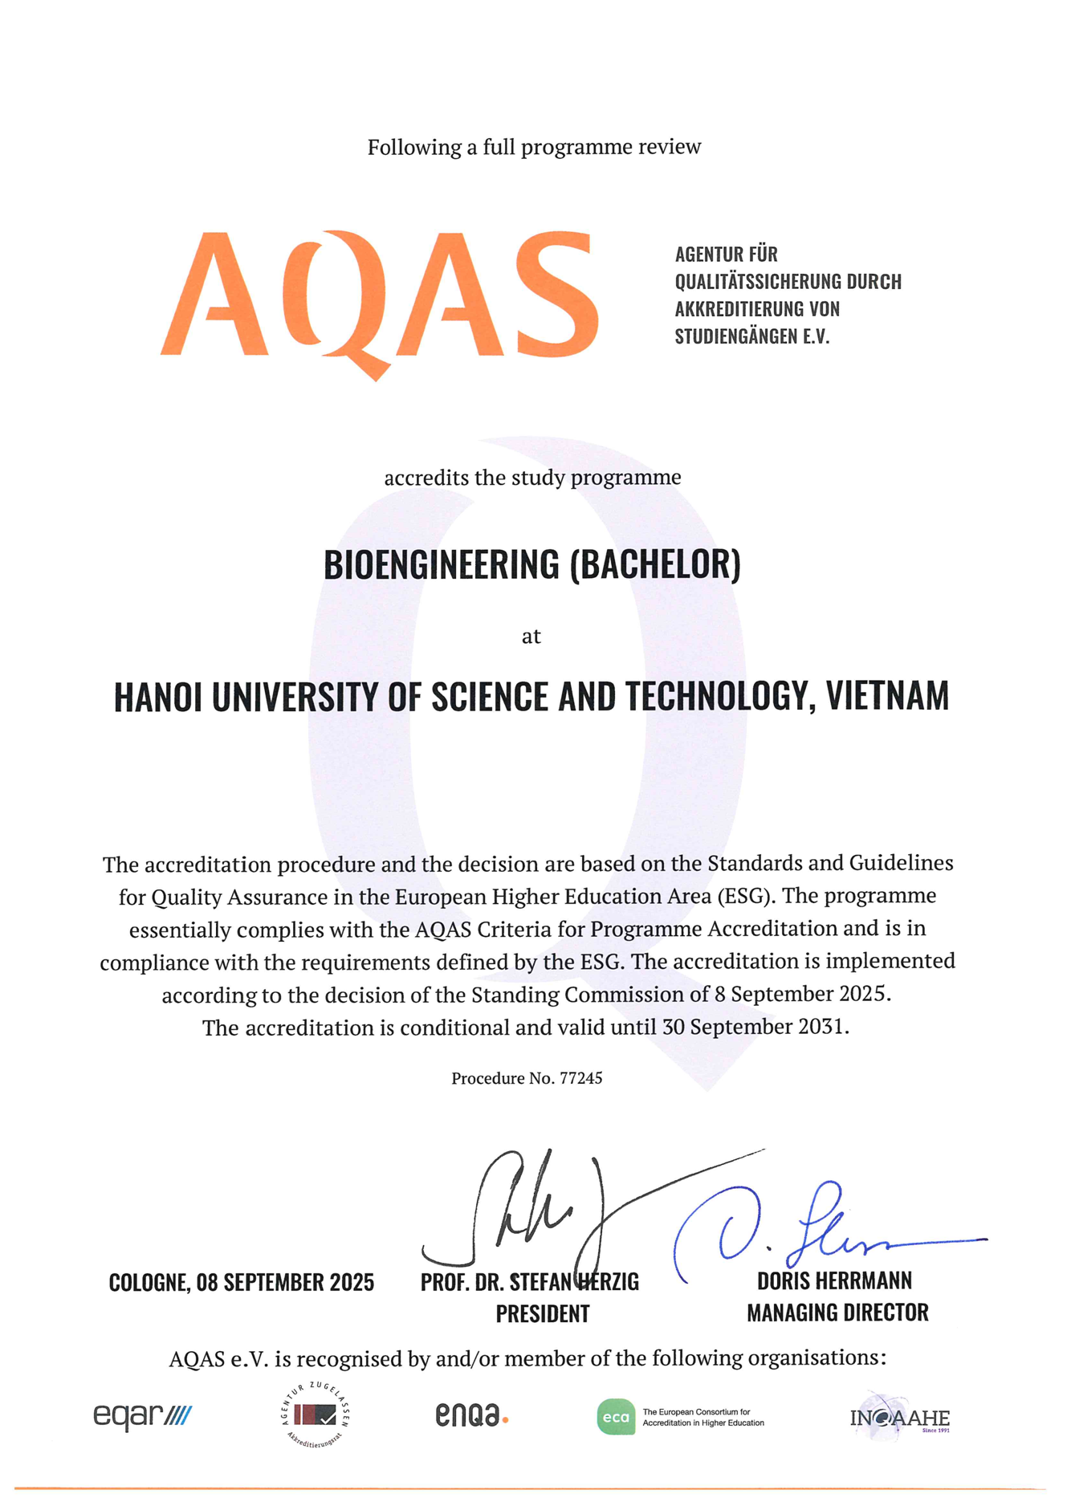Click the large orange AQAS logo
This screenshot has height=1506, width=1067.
[379, 297]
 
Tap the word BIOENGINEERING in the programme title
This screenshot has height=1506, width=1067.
[441, 564]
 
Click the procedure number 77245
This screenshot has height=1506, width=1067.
[580, 1078]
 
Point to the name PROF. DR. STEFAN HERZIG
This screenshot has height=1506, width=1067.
[530, 1282]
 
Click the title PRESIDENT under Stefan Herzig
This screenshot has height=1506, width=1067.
[543, 1314]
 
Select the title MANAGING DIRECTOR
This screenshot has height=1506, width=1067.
[837, 1313]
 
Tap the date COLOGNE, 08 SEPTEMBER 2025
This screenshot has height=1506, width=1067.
[242, 1282]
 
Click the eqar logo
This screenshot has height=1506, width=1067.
[143, 1414]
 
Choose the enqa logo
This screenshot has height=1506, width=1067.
[471, 1415]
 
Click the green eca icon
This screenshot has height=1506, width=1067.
[616, 1417]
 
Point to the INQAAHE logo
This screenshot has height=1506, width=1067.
[899, 1418]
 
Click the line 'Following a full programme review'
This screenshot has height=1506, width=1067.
[534, 147]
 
